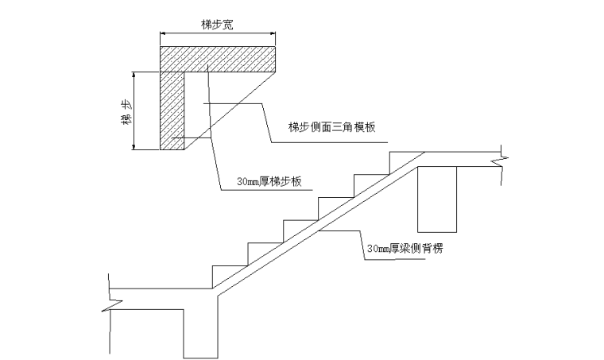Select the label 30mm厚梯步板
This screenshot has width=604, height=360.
coord(269,182)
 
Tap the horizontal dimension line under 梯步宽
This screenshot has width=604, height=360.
coord(219,34)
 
